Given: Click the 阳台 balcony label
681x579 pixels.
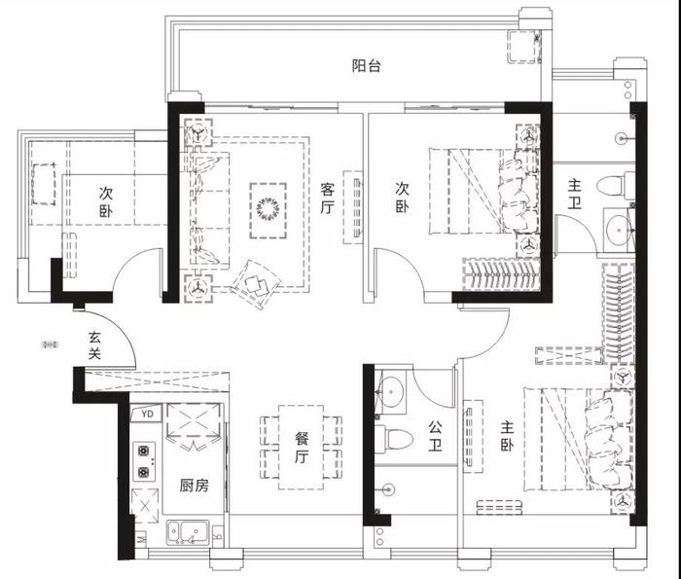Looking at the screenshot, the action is pos(366,66).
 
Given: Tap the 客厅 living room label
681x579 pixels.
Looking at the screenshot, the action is pos(328,199).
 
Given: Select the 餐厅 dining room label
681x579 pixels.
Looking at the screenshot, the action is pos(302,448).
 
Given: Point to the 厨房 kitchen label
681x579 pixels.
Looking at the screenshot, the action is pos(195,486).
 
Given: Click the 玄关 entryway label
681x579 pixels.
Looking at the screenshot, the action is pos(94,345).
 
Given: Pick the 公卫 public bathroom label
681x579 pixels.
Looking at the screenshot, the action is pos(435,436).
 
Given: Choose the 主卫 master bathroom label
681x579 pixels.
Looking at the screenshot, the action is pos(574,195).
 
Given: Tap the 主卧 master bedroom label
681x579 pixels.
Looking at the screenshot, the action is pos(507,436).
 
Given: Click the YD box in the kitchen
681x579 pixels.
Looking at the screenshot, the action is pos(147,414).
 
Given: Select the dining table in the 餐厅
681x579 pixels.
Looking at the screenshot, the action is pos(301,448).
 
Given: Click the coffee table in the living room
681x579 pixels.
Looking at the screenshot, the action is pos(268,210).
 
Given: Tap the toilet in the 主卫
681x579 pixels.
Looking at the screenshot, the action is pos(616,186).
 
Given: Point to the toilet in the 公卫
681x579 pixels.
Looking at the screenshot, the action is pos(393,439).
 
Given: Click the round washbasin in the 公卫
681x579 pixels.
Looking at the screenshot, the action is pos(392,392).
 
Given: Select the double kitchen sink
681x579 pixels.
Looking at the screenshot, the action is pos(188,532).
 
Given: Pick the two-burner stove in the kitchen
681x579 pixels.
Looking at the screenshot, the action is pos(144,461).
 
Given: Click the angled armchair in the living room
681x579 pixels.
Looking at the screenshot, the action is pos(255,284).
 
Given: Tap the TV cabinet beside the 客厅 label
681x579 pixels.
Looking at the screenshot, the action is pos(352,207).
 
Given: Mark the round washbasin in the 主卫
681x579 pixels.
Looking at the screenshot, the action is pos(619,230).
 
